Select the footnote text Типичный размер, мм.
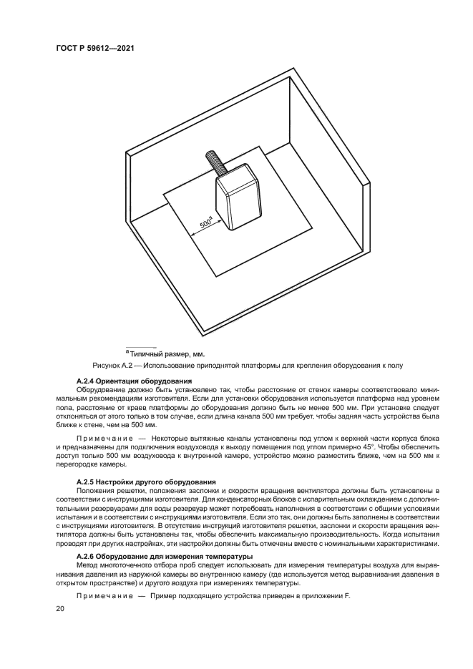(x=167, y=353)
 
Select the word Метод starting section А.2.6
(x=89, y=565)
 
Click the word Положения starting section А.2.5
(x=98, y=491)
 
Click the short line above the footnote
(x=140, y=346)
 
